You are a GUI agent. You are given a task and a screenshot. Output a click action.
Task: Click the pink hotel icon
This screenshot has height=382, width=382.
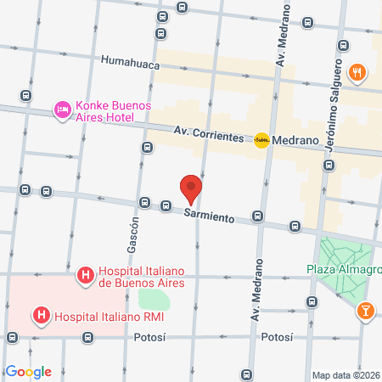pyautogui.click(x=61, y=109)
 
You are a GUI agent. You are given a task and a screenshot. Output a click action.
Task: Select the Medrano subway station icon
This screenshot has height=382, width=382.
pyautogui.click(x=261, y=141)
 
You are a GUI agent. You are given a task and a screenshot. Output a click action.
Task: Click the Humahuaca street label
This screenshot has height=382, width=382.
pyautogui.click(x=130, y=60)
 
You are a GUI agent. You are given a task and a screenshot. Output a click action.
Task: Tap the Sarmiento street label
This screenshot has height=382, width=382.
pyautogui.click(x=209, y=217)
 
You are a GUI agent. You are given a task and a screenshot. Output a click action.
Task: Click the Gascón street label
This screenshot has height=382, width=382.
pyautogui.click(x=133, y=239)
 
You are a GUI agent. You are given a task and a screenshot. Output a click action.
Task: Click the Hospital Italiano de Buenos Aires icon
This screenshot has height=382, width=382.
pyautogui.click(x=85, y=275)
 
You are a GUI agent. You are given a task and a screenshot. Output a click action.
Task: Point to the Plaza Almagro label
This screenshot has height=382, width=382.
pyautogui.click(x=344, y=272)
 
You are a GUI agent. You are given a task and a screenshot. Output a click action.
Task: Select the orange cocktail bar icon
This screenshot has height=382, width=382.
pyautogui.click(x=365, y=312)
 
